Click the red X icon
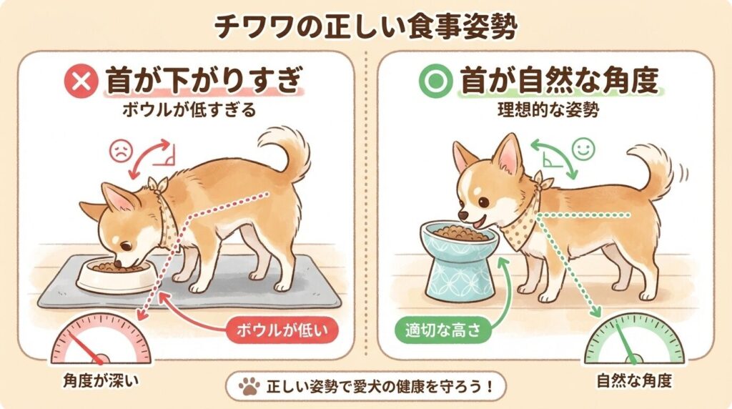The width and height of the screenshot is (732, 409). [x=81, y=82]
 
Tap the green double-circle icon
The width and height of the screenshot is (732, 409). [x=436, y=82]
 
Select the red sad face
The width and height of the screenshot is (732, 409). [x=122, y=152]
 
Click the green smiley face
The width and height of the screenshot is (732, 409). [x=583, y=149]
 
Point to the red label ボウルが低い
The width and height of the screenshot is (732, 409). [x=282, y=330]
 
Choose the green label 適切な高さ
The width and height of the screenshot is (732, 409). [x=442, y=330]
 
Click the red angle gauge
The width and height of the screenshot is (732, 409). [x=101, y=338]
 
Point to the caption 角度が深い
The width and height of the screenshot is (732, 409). [x=101, y=380]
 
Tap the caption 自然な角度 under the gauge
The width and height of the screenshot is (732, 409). [x=635, y=380]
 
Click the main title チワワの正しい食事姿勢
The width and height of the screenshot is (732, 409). [x=366, y=27]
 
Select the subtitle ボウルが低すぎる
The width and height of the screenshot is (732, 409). [x=189, y=110]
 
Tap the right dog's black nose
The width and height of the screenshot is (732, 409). [x=463, y=215]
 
